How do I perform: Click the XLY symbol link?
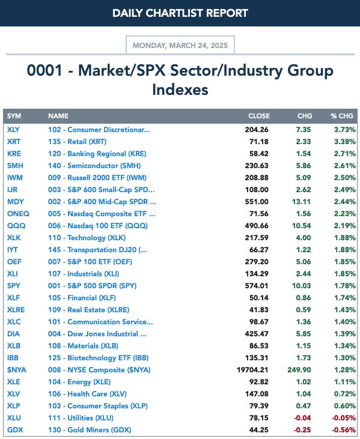pos(13,130)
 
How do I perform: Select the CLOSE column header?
pos(259,116)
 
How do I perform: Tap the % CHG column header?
pos(342,116)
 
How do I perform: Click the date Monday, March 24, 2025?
pos(180,46)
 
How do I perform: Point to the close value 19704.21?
pos(252,370)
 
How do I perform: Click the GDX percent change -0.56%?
pos(344,430)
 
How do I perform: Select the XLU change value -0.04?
pos(302,418)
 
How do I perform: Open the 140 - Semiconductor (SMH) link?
pos(94,166)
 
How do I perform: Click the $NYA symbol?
pos(17,370)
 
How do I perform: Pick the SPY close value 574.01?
pos(257,286)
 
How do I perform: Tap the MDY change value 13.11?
pos(302,202)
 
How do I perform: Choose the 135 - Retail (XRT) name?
pos(78,142)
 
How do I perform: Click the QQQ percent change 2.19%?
pos(345,226)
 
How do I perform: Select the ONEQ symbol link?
pos(18,214)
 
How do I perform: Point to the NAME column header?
pos(58,116)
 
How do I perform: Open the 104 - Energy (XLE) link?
pos(79,382)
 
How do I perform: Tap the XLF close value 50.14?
pos(259,298)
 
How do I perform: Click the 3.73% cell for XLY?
pos(345,130)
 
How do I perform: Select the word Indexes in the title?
pos(180,89)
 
